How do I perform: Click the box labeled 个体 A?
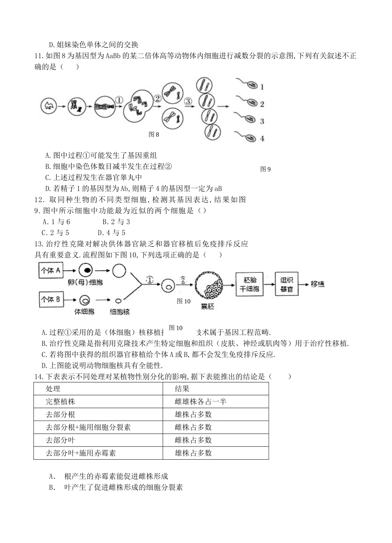[x=51, y=271]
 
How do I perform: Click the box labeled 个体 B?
[x=51, y=299]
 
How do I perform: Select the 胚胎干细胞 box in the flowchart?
[x=249, y=284]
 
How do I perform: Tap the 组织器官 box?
[x=286, y=284]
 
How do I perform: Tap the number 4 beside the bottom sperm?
[x=262, y=139]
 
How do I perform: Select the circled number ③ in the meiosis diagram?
[x=188, y=101]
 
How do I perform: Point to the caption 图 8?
[x=153, y=135]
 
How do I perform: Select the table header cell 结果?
[x=182, y=389]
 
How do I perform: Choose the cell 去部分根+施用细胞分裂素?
[x=88, y=427]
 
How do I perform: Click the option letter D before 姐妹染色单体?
[x=51, y=45]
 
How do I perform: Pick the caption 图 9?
[x=266, y=169]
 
